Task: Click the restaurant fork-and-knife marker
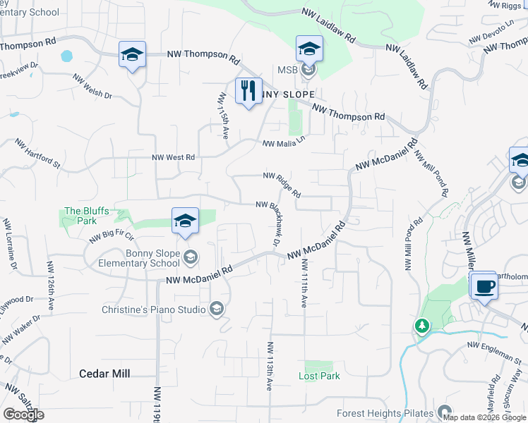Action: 248,92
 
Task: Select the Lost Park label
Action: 319,376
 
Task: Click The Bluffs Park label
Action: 80,216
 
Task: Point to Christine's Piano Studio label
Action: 154,309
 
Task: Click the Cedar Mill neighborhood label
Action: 104,374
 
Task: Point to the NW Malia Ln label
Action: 286,140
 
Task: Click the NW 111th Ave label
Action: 304,282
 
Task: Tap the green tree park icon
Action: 421,326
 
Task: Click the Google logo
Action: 23,415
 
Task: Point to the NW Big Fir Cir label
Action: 112,233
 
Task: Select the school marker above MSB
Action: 309,49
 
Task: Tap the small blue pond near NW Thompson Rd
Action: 67,55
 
